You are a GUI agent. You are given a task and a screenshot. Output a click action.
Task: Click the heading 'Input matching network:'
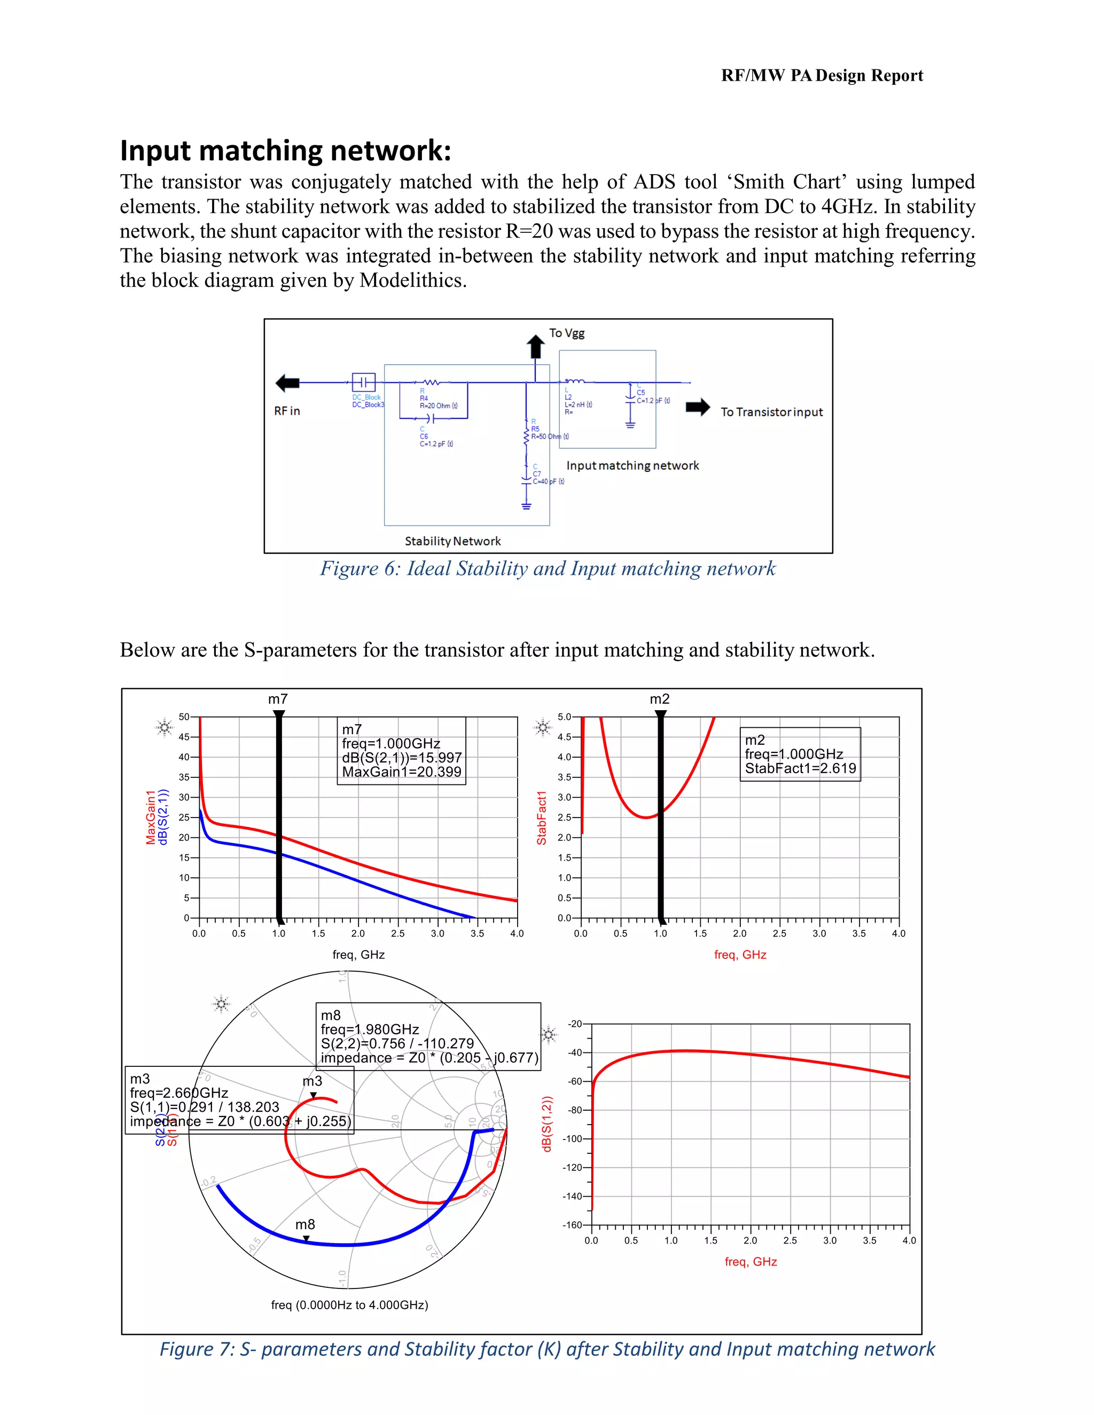tap(285, 151)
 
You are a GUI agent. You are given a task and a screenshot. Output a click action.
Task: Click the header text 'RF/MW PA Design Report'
tap(822, 76)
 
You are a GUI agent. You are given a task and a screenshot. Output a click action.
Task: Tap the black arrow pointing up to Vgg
tap(535, 347)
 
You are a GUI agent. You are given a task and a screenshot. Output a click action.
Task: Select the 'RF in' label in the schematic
tap(286, 411)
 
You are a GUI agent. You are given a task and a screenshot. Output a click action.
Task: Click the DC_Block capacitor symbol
tap(364, 382)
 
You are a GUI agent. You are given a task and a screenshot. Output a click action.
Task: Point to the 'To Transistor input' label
tap(771, 412)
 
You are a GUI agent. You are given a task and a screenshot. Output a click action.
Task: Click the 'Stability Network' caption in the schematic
tap(452, 541)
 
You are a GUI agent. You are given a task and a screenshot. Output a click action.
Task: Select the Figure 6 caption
tap(548, 569)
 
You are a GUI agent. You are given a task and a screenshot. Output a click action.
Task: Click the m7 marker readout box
tap(401, 751)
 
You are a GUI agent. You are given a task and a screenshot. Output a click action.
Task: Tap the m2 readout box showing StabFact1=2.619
tap(800, 754)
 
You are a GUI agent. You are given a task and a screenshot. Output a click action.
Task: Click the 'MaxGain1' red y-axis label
tap(150, 817)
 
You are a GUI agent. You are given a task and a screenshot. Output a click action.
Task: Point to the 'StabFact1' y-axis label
tap(542, 817)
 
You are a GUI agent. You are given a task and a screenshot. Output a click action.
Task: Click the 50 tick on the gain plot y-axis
tap(184, 717)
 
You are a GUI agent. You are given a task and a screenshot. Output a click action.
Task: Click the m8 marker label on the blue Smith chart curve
tap(305, 1224)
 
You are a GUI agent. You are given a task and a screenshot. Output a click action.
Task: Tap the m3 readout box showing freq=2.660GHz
tap(239, 1099)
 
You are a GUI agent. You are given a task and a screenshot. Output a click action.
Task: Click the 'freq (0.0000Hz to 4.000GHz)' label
tap(349, 1305)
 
